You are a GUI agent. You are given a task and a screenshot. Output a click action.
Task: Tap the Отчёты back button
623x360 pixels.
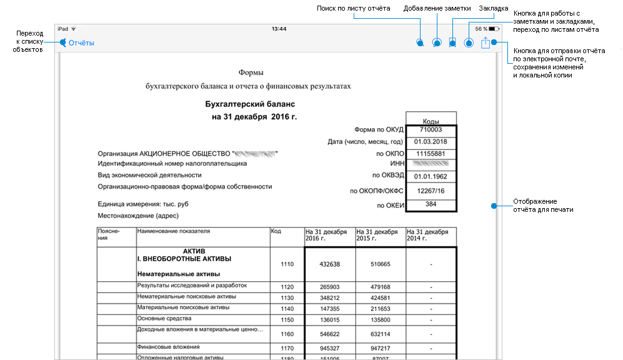[x=77, y=43]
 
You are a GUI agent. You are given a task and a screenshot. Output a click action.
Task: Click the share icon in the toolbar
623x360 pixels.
[x=486, y=42]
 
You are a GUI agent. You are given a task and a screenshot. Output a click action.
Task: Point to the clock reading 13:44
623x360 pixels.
[x=279, y=29]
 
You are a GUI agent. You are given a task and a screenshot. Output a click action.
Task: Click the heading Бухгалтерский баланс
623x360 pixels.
[x=249, y=104]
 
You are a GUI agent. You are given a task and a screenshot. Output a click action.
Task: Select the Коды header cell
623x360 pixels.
[x=431, y=121]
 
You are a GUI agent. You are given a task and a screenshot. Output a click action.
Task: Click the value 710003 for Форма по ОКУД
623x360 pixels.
[x=431, y=130]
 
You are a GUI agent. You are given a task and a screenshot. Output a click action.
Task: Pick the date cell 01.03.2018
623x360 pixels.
[x=431, y=142]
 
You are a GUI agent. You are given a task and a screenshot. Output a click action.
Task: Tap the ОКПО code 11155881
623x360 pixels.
[x=431, y=154]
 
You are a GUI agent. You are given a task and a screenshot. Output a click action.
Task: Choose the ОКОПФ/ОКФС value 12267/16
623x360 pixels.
[x=431, y=190]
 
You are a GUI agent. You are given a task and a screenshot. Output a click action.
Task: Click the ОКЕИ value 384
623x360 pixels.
[x=431, y=204]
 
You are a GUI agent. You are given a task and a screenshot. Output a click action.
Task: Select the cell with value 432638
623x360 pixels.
[x=329, y=264]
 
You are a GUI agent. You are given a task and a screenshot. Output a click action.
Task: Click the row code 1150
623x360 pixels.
[x=287, y=319]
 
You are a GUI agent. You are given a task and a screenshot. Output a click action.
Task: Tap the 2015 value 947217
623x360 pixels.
[x=380, y=347]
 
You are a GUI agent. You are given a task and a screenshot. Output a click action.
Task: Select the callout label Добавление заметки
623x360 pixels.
[x=436, y=9]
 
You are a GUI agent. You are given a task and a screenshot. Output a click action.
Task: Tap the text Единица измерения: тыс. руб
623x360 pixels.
[x=143, y=204]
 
